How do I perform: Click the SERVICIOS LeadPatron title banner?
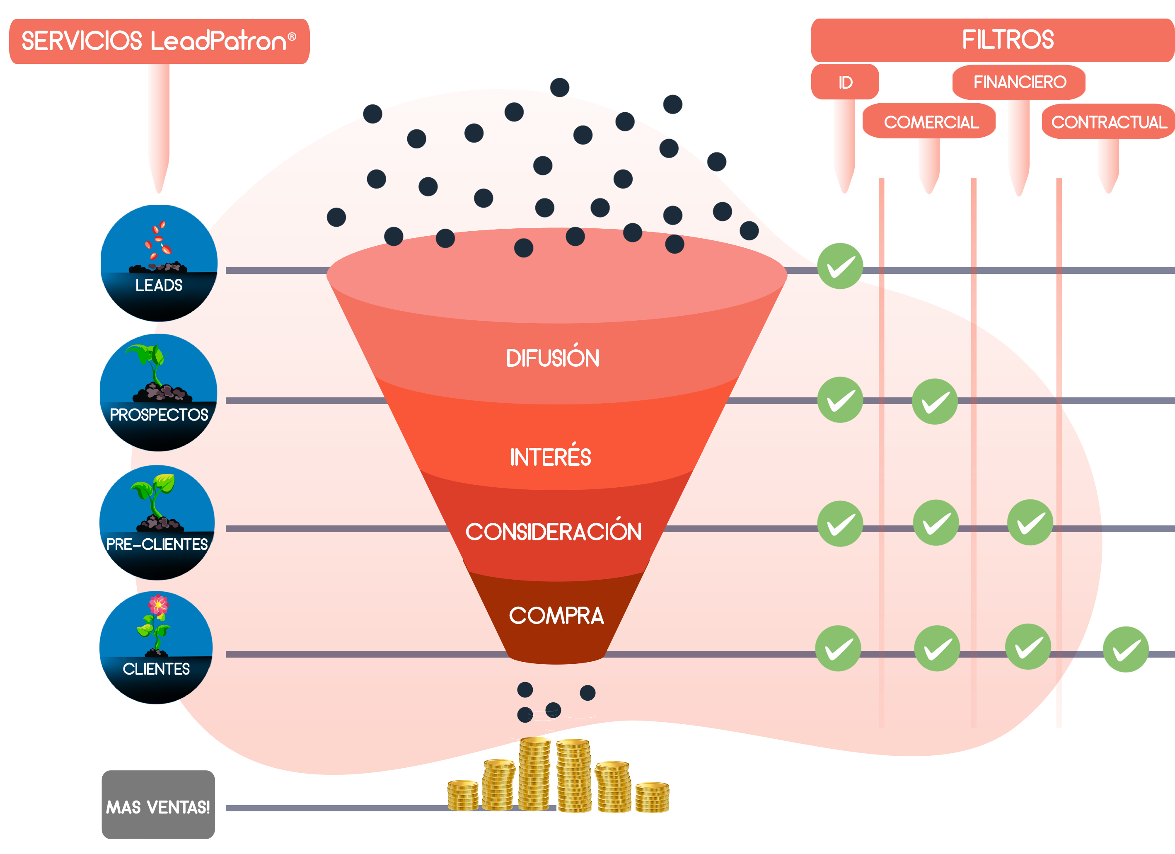tap(159, 41)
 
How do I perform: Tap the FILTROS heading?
tap(1007, 40)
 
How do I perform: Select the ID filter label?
tap(845, 82)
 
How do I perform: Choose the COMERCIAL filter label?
tap(931, 122)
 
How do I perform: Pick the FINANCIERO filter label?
tap(1019, 82)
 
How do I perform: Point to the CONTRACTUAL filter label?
tap(1109, 122)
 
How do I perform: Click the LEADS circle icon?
tap(159, 263)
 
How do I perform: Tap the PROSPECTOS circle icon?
tap(159, 392)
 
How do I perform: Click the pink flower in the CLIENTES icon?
tap(158, 605)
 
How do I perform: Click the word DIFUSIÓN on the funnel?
tap(552, 358)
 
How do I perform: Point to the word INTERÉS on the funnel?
tap(550, 457)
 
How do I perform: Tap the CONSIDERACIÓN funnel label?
tap(553, 532)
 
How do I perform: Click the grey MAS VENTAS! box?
tap(158, 806)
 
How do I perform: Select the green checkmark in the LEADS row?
tap(840, 267)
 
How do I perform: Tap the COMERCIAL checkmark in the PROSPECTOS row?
tap(935, 402)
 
